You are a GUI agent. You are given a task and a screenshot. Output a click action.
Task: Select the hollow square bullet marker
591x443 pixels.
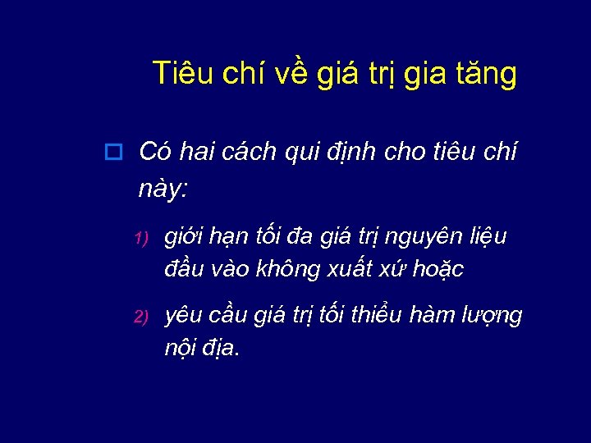click(114, 153)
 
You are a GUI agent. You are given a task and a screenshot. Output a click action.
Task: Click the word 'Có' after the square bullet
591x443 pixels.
click(156, 152)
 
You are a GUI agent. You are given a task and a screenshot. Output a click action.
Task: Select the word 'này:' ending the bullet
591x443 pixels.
click(163, 190)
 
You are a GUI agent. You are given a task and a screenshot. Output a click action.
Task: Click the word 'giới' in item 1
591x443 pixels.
click(186, 238)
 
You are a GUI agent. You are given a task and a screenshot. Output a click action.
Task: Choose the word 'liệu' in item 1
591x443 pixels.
click(488, 237)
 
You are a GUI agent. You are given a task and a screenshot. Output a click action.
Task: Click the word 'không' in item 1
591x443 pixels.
click(285, 268)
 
